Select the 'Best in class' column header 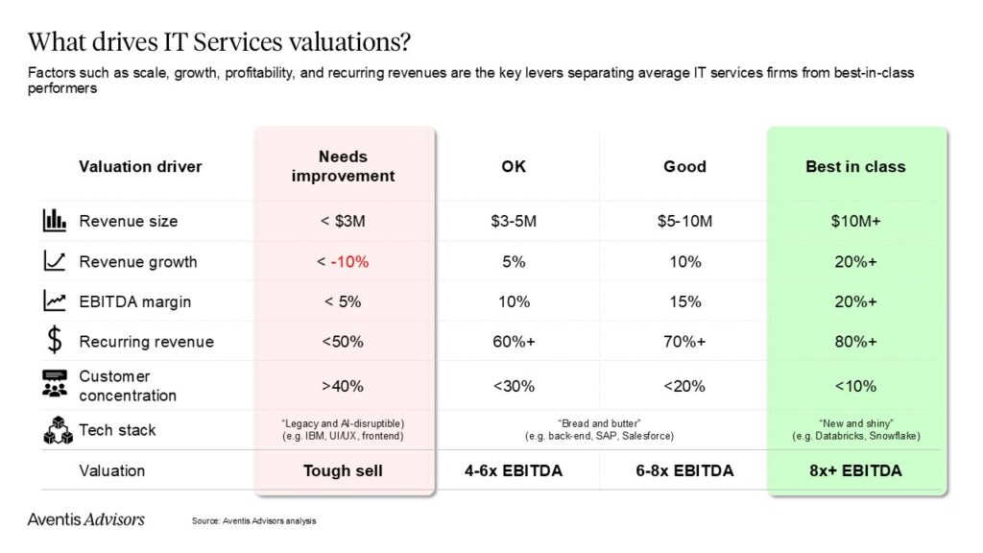[855, 166]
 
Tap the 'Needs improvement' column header [343, 166]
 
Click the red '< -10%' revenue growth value [343, 261]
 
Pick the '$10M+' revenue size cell [855, 221]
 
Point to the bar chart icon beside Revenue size [54, 221]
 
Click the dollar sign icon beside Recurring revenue [54, 341]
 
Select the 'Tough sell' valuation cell [343, 470]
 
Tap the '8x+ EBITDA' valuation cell [855, 470]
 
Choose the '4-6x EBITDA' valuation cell [515, 470]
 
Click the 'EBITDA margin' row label [134, 301]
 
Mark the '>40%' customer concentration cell [343, 386]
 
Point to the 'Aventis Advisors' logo [86, 519]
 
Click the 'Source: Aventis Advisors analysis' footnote [253, 521]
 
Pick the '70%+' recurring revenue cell [684, 342]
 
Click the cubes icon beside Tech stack [57, 430]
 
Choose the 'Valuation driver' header [140, 166]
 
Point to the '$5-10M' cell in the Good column [684, 221]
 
